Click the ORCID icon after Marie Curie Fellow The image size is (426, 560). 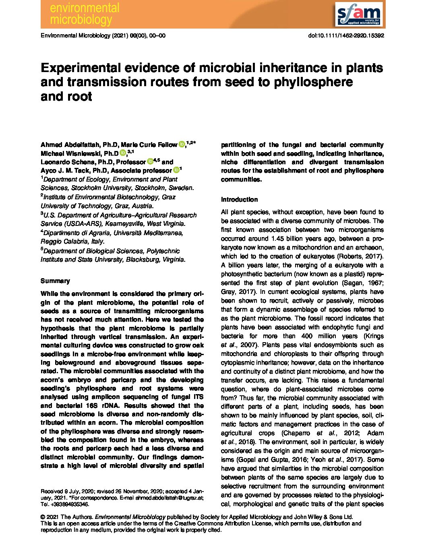182,145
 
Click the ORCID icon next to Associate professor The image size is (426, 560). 176,170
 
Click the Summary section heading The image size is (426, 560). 55,281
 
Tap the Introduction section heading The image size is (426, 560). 239,199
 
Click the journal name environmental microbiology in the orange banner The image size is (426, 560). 85,14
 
